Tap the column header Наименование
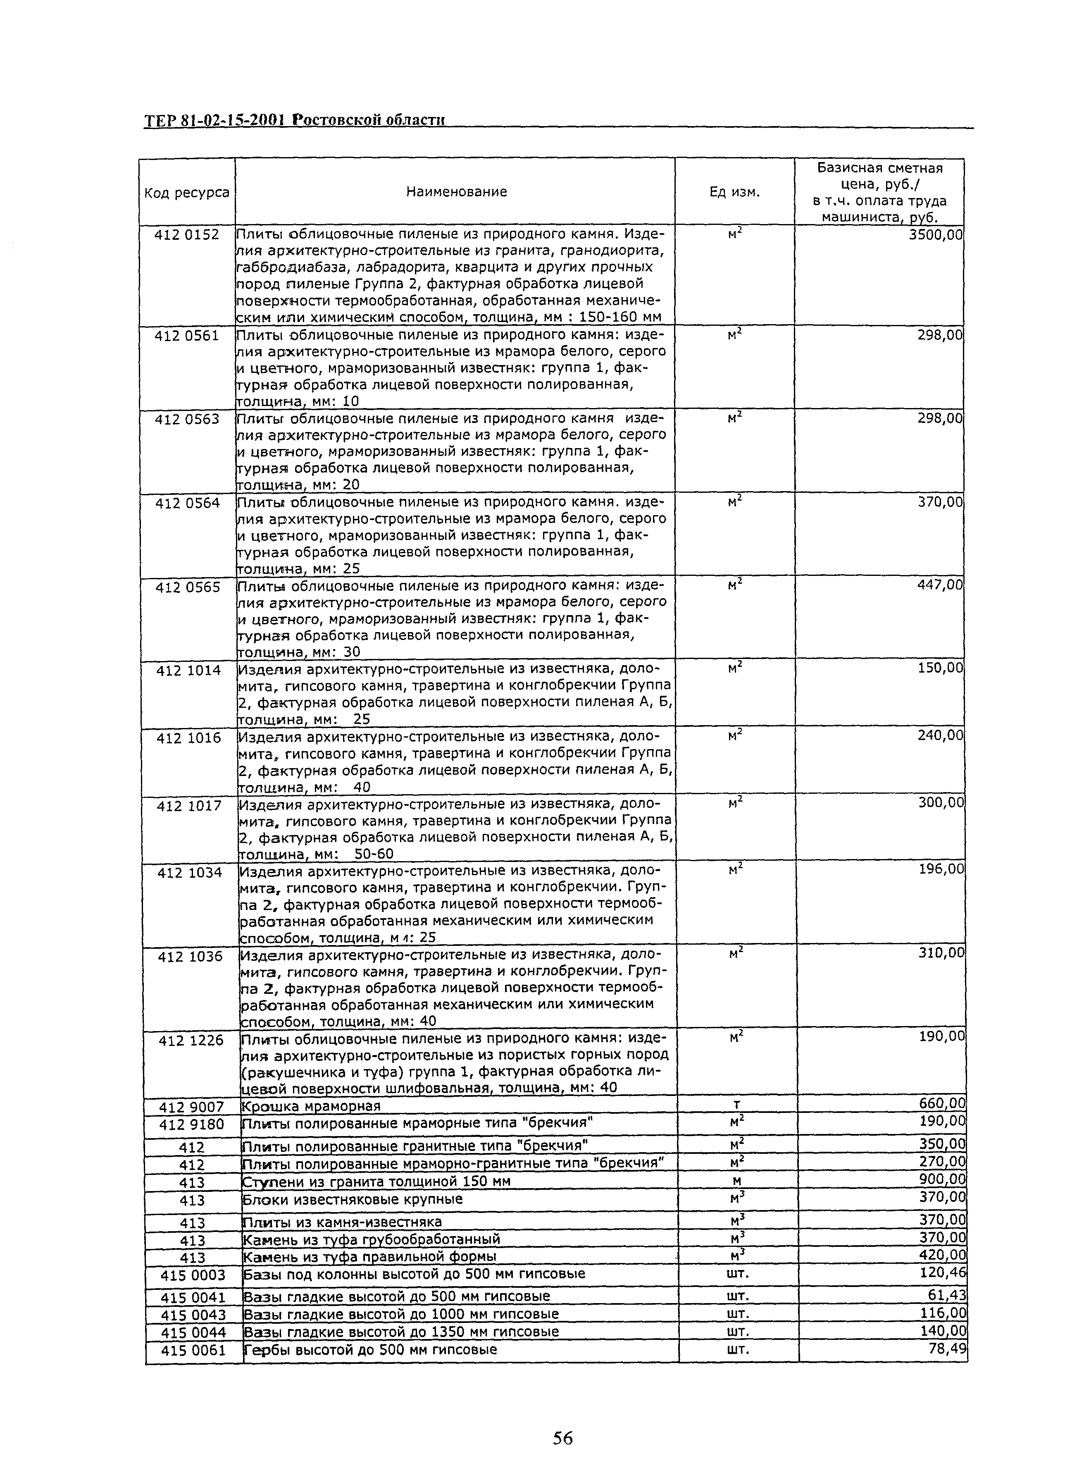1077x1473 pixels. tap(456, 192)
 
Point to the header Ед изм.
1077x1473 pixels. tap(735, 192)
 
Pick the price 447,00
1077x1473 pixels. tap(939, 585)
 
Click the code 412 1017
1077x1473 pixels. tap(189, 806)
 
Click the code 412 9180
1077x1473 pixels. tap(191, 1124)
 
